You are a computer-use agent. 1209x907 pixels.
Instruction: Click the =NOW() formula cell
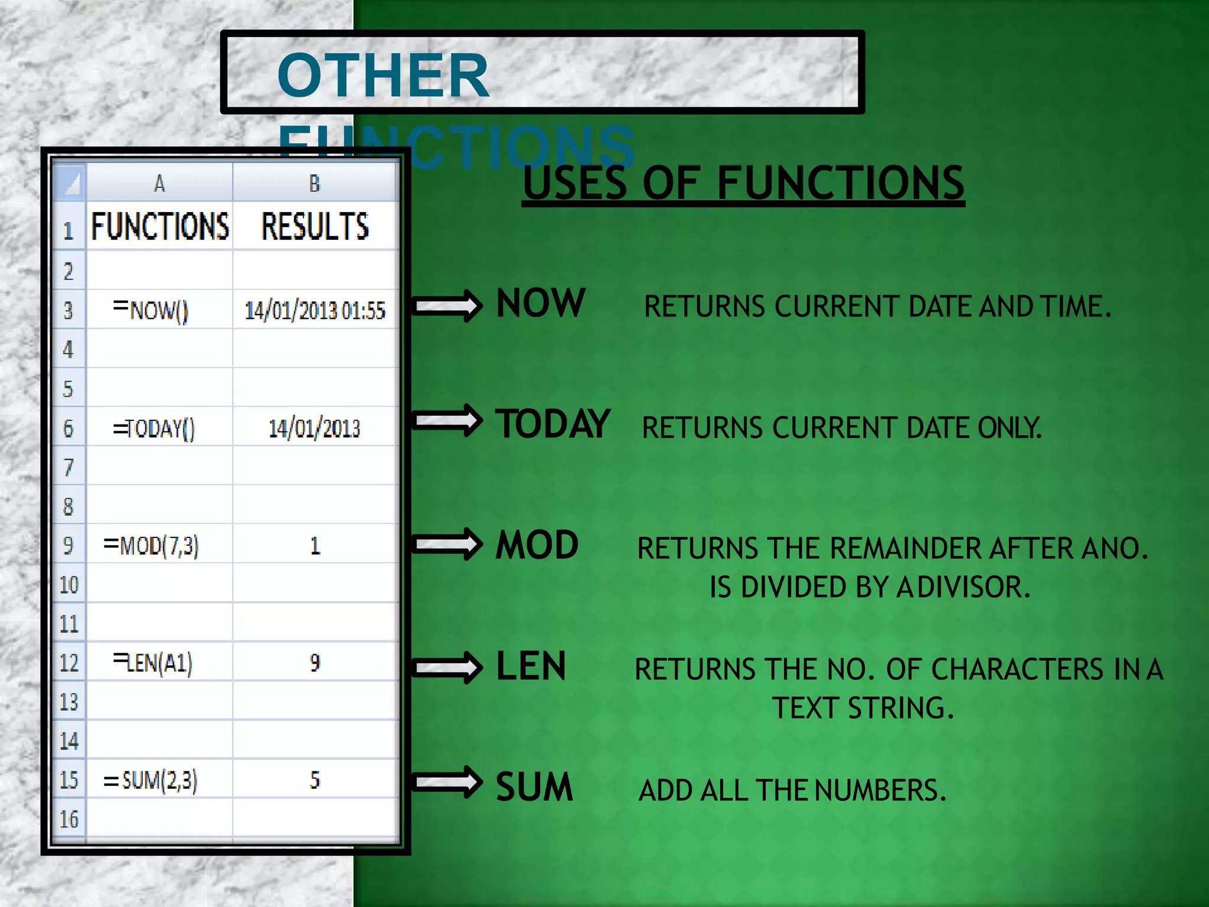[x=151, y=309]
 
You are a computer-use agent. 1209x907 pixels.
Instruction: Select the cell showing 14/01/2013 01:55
[x=315, y=310]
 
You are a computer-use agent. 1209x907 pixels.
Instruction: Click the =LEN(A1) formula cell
[x=153, y=663]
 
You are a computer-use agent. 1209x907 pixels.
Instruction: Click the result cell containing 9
[x=315, y=663]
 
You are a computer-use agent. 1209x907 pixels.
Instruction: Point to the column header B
[x=315, y=184]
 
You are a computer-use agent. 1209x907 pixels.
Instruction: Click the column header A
[x=159, y=184]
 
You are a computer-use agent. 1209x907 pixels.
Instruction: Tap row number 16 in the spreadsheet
[x=69, y=819]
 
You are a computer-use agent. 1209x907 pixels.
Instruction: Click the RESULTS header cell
[x=315, y=226]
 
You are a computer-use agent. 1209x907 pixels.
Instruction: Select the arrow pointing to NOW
[x=447, y=305]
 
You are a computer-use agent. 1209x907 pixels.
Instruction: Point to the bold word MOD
[x=537, y=544]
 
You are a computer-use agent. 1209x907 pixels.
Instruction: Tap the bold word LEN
[x=531, y=666]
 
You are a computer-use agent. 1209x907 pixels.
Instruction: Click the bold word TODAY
[x=553, y=424]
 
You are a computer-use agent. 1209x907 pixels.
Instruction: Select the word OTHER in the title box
[x=383, y=76]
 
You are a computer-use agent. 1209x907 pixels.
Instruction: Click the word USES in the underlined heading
[x=574, y=183]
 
